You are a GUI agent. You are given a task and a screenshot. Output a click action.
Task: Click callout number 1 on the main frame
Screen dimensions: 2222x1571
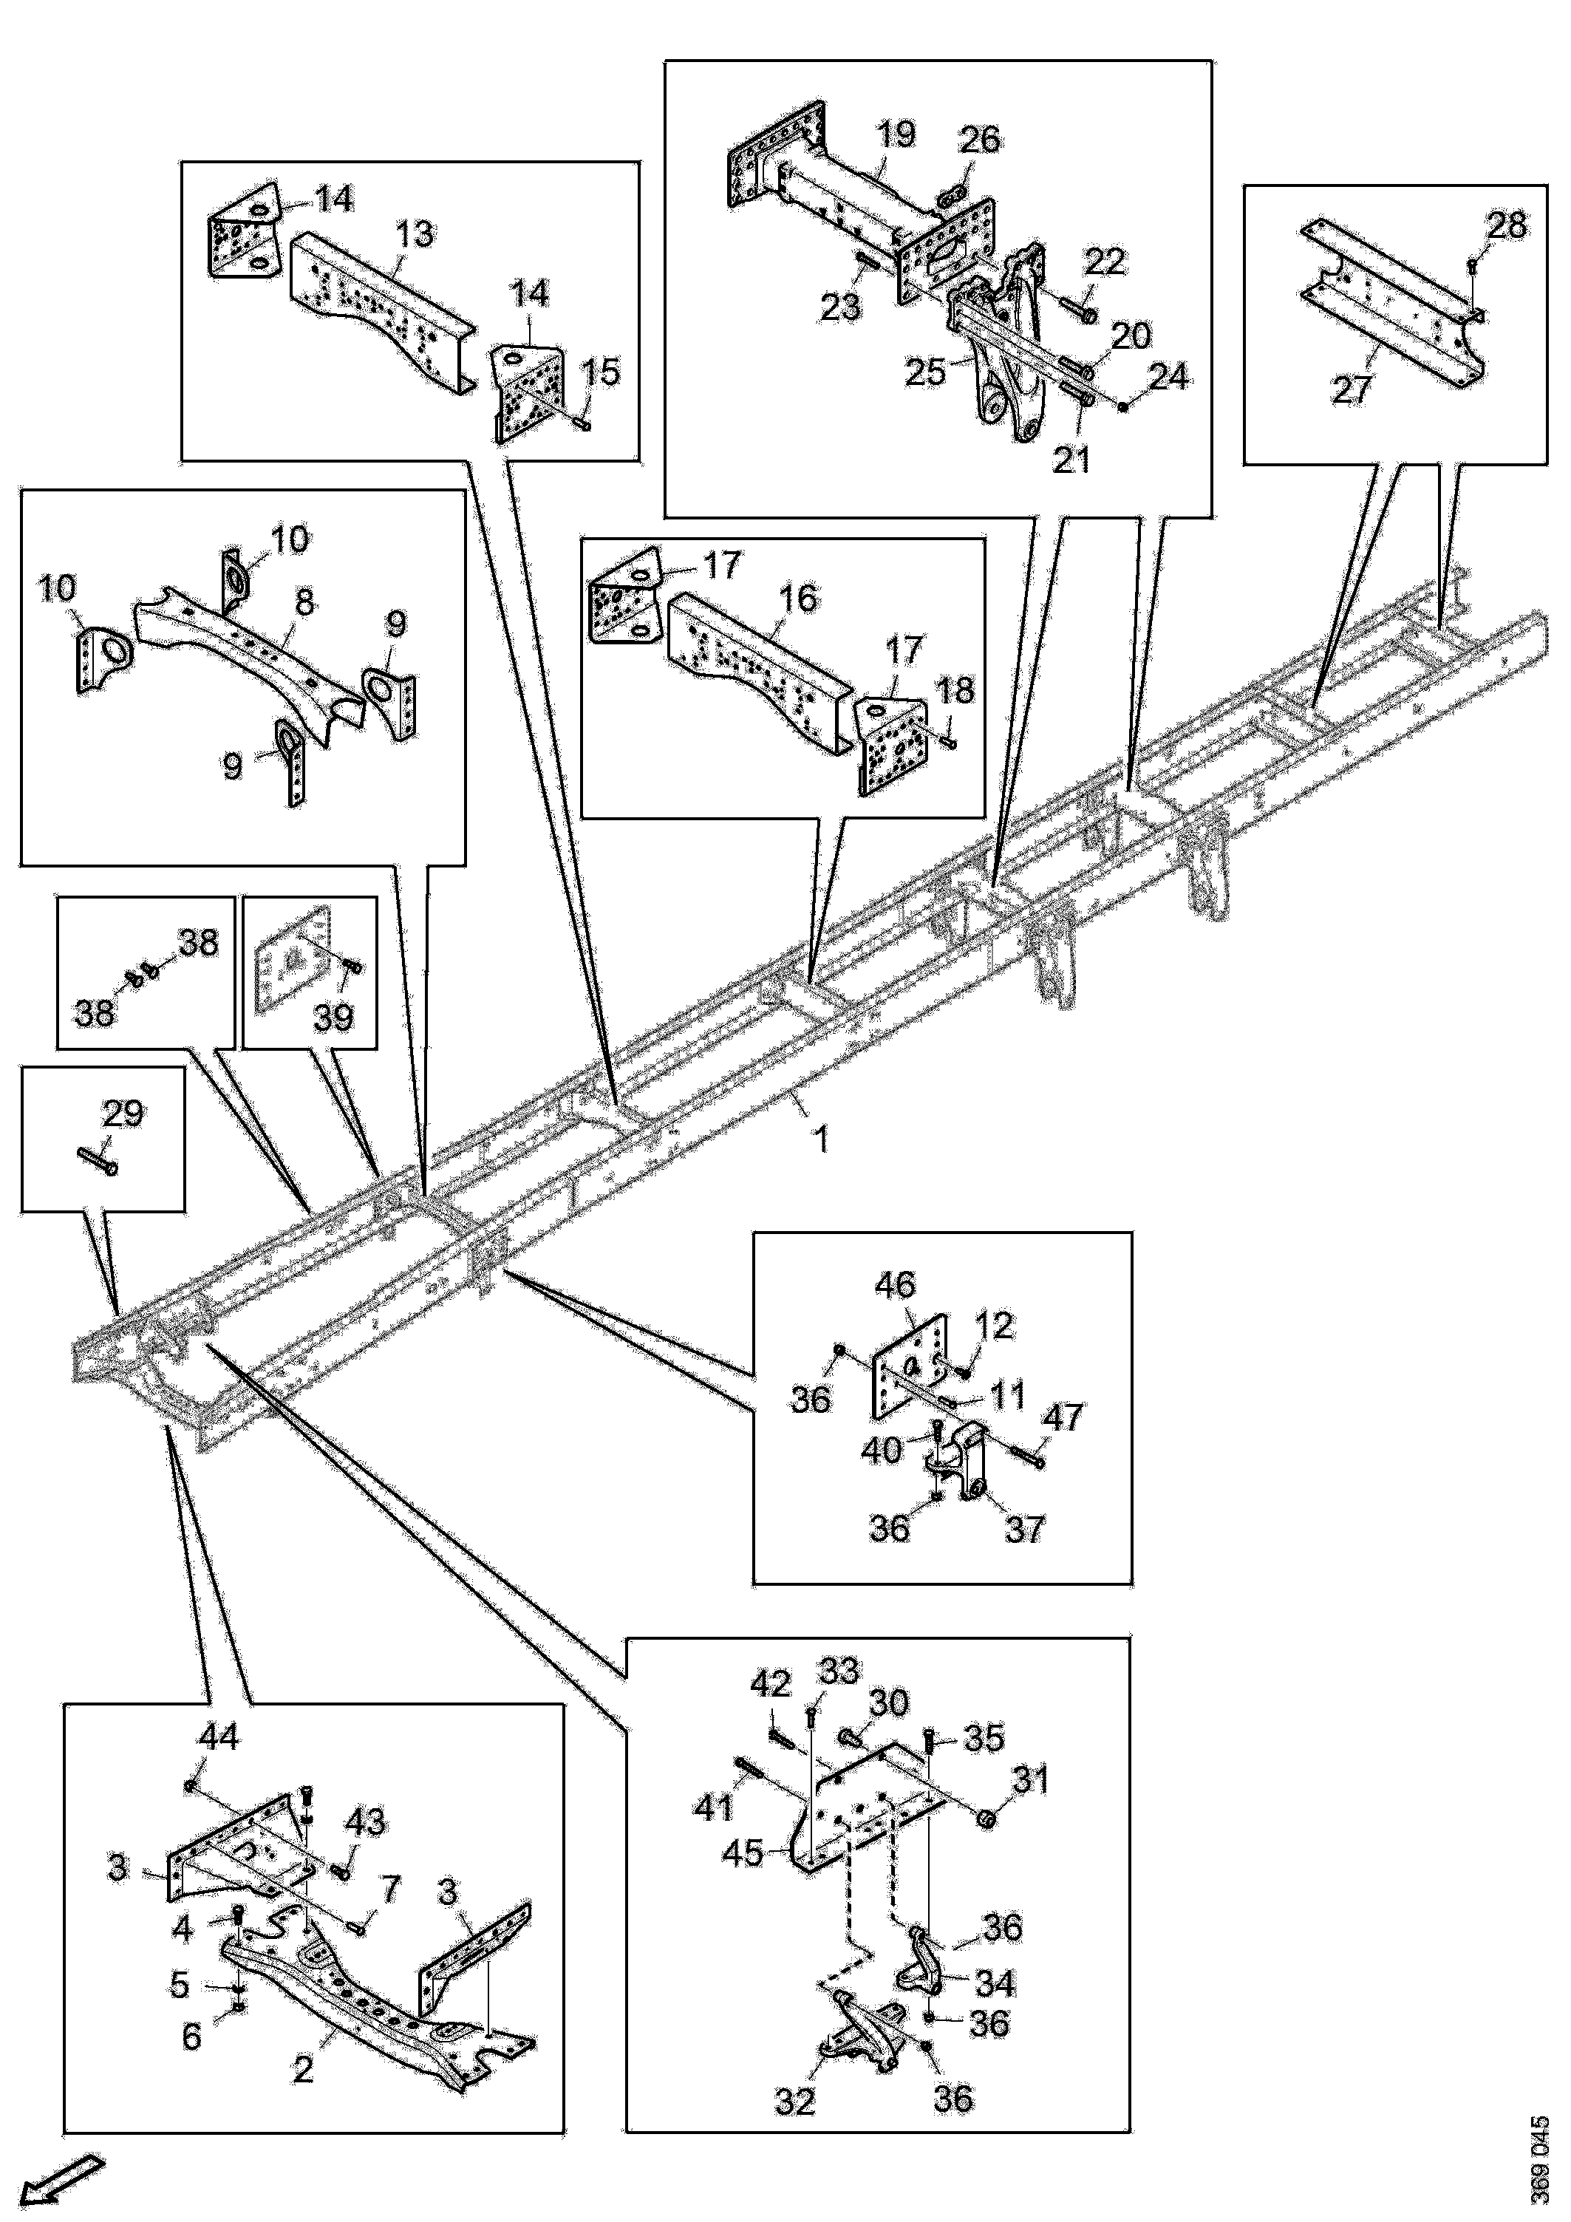821,1138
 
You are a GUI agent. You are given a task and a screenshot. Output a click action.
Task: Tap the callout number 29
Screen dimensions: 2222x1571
123,1113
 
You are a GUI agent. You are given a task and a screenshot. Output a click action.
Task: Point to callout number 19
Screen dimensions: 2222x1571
896,134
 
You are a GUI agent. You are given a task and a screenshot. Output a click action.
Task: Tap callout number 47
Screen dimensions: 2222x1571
1061,1418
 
